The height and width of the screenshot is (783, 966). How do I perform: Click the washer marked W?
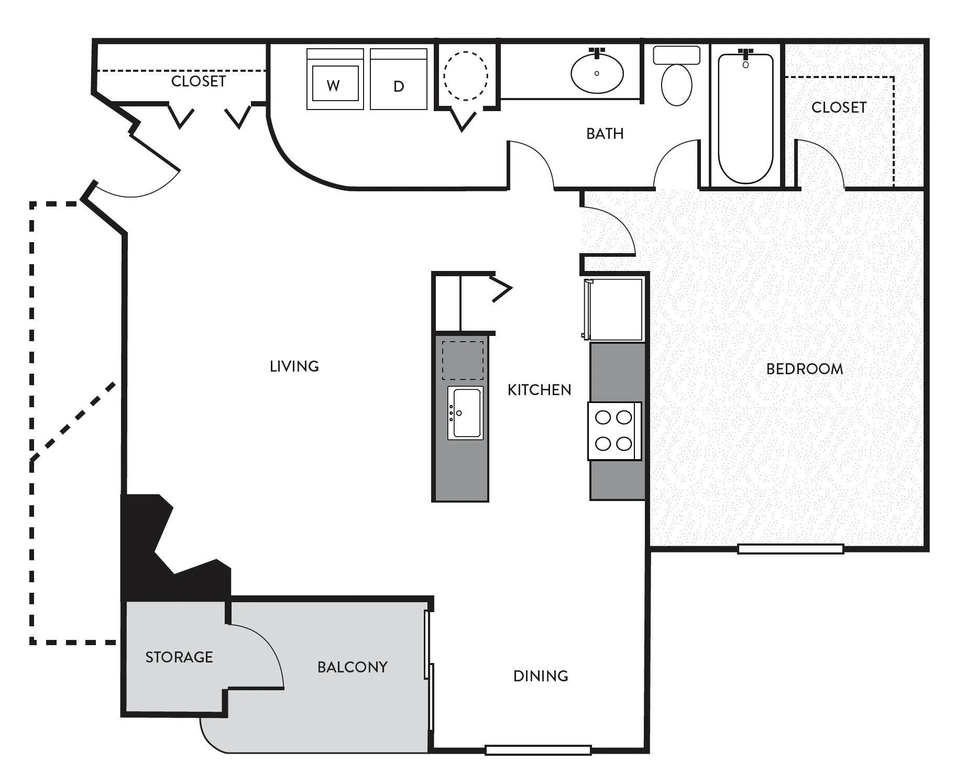(335, 79)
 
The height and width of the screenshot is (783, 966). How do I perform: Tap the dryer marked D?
(399, 79)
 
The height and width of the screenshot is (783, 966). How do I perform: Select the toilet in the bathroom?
(676, 75)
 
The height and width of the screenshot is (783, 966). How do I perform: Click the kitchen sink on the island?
(465, 413)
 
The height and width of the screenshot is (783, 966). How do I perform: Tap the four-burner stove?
(614, 431)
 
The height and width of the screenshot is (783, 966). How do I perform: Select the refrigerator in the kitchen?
(613, 309)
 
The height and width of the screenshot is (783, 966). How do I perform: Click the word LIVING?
(294, 366)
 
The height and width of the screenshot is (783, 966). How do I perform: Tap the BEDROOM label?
(805, 369)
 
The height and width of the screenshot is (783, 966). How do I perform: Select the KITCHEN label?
(540, 390)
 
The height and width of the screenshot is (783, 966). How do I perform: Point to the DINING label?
(541, 676)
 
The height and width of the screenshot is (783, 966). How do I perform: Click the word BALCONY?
(353, 667)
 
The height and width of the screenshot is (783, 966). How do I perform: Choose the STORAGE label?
(179, 657)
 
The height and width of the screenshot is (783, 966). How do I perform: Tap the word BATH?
(605, 134)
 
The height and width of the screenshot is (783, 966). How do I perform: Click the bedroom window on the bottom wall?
(791, 549)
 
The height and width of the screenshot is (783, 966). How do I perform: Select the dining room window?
(538, 750)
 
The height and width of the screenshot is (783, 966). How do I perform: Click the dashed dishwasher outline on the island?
(463, 361)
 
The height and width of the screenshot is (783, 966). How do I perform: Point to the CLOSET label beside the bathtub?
(839, 107)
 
